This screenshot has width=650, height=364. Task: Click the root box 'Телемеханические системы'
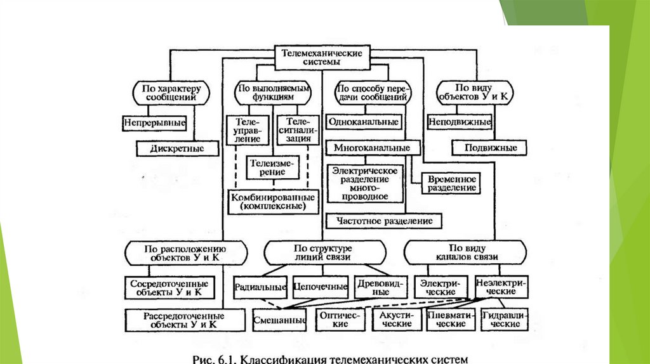tap(322, 58)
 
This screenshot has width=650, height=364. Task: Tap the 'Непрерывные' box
tap(155, 121)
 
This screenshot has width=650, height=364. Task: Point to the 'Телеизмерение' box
tap(273, 167)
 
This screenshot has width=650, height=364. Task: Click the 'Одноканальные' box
tap(364, 121)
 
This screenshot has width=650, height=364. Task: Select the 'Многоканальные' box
tap(373, 148)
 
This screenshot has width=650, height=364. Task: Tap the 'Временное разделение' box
tap(453, 183)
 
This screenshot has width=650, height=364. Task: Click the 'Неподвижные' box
tap(460, 121)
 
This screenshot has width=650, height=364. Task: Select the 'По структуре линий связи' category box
tap(322, 253)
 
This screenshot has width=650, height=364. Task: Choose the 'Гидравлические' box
tap(505, 320)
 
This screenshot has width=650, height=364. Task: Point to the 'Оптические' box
tap(340, 320)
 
